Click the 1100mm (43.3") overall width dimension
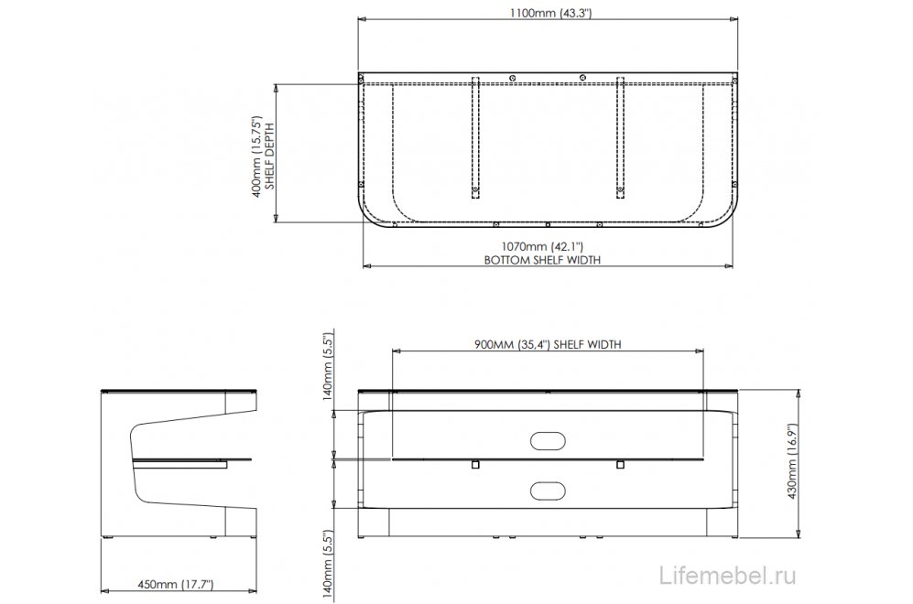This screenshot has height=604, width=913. (x=549, y=13)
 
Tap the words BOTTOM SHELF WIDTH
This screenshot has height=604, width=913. (x=542, y=260)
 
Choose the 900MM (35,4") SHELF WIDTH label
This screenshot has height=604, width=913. (x=548, y=344)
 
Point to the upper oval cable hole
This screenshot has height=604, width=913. (x=549, y=440)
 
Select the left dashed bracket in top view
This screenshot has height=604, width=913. (x=475, y=135)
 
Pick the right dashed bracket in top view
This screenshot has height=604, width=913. (x=620, y=135)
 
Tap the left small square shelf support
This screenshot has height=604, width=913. (x=474, y=465)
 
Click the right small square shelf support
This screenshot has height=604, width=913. (x=620, y=465)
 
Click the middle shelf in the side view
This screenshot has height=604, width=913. (x=194, y=459)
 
